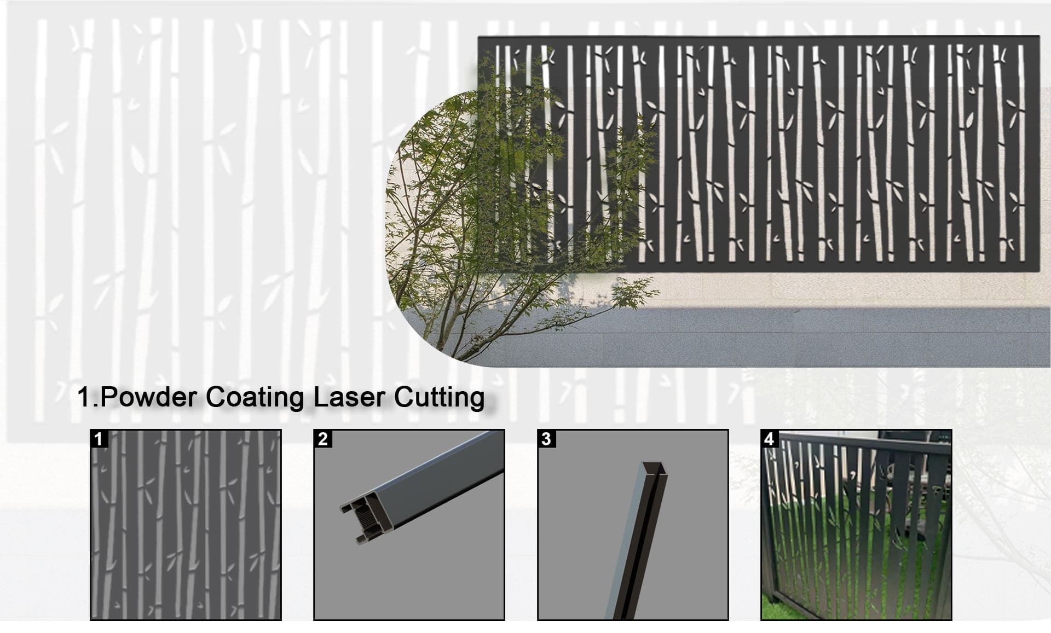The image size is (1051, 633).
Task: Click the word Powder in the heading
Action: point(147,397)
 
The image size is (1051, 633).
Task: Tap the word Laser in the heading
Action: point(349,397)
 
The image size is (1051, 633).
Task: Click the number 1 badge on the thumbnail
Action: point(99,439)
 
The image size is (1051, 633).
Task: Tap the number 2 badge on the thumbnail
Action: point(322,439)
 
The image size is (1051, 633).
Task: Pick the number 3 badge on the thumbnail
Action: point(546,439)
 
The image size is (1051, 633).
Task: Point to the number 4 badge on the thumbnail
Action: point(770,439)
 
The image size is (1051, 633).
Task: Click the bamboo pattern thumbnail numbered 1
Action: point(186,525)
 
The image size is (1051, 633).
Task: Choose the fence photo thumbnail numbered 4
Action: point(856,525)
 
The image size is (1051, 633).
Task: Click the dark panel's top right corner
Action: point(1039,37)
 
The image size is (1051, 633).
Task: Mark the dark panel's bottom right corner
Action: point(1038,271)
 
